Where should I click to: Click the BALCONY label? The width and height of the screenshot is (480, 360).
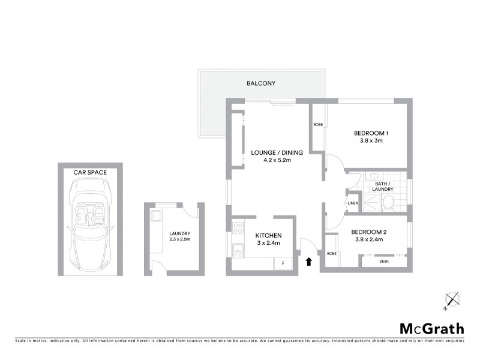(x=261, y=83)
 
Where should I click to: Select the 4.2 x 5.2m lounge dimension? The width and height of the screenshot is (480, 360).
(x=277, y=161)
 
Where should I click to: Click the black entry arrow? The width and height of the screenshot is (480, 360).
(x=309, y=261)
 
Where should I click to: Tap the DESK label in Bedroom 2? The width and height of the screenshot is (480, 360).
(x=383, y=261)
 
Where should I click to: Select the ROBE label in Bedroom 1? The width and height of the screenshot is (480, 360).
(x=317, y=125)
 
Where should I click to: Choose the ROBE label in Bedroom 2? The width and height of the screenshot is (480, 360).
(x=331, y=254)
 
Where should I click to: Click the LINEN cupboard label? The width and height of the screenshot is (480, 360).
(x=352, y=203)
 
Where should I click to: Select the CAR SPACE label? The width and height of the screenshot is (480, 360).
(x=90, y=172)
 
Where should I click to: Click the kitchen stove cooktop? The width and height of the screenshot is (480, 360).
(x=237, y=228)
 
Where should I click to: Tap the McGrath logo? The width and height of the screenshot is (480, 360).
(x=431, y=328)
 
